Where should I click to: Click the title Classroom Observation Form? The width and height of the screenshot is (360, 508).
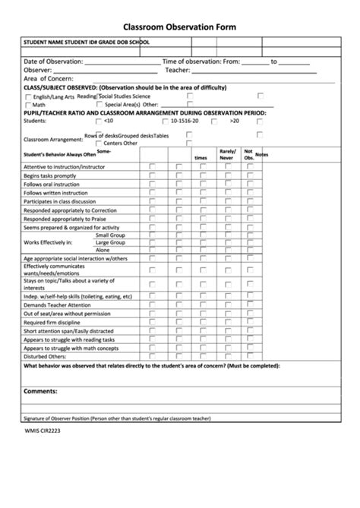[x=180, y=27]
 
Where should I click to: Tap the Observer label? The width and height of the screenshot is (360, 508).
[x=38, y=70]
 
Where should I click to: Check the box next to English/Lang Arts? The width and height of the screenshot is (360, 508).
[x=29, y=97]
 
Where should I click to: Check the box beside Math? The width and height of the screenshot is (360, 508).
[x=29, y=105]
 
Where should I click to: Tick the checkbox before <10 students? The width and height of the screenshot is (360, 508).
[x=96, y=121]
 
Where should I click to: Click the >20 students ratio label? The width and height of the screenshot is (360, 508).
[x=235, y=121]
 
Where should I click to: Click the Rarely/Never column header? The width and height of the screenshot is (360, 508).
[x=228, y=154]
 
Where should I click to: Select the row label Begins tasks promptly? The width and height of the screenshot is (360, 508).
[x=50, y=175]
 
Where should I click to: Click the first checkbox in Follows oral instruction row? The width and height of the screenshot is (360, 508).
[x=153, y=185]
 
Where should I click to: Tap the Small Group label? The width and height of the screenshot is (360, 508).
[x=110, y=235]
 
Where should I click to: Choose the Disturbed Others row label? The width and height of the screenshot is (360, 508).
[x=45, y=356]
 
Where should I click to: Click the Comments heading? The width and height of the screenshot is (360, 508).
[x=41, y=391]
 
